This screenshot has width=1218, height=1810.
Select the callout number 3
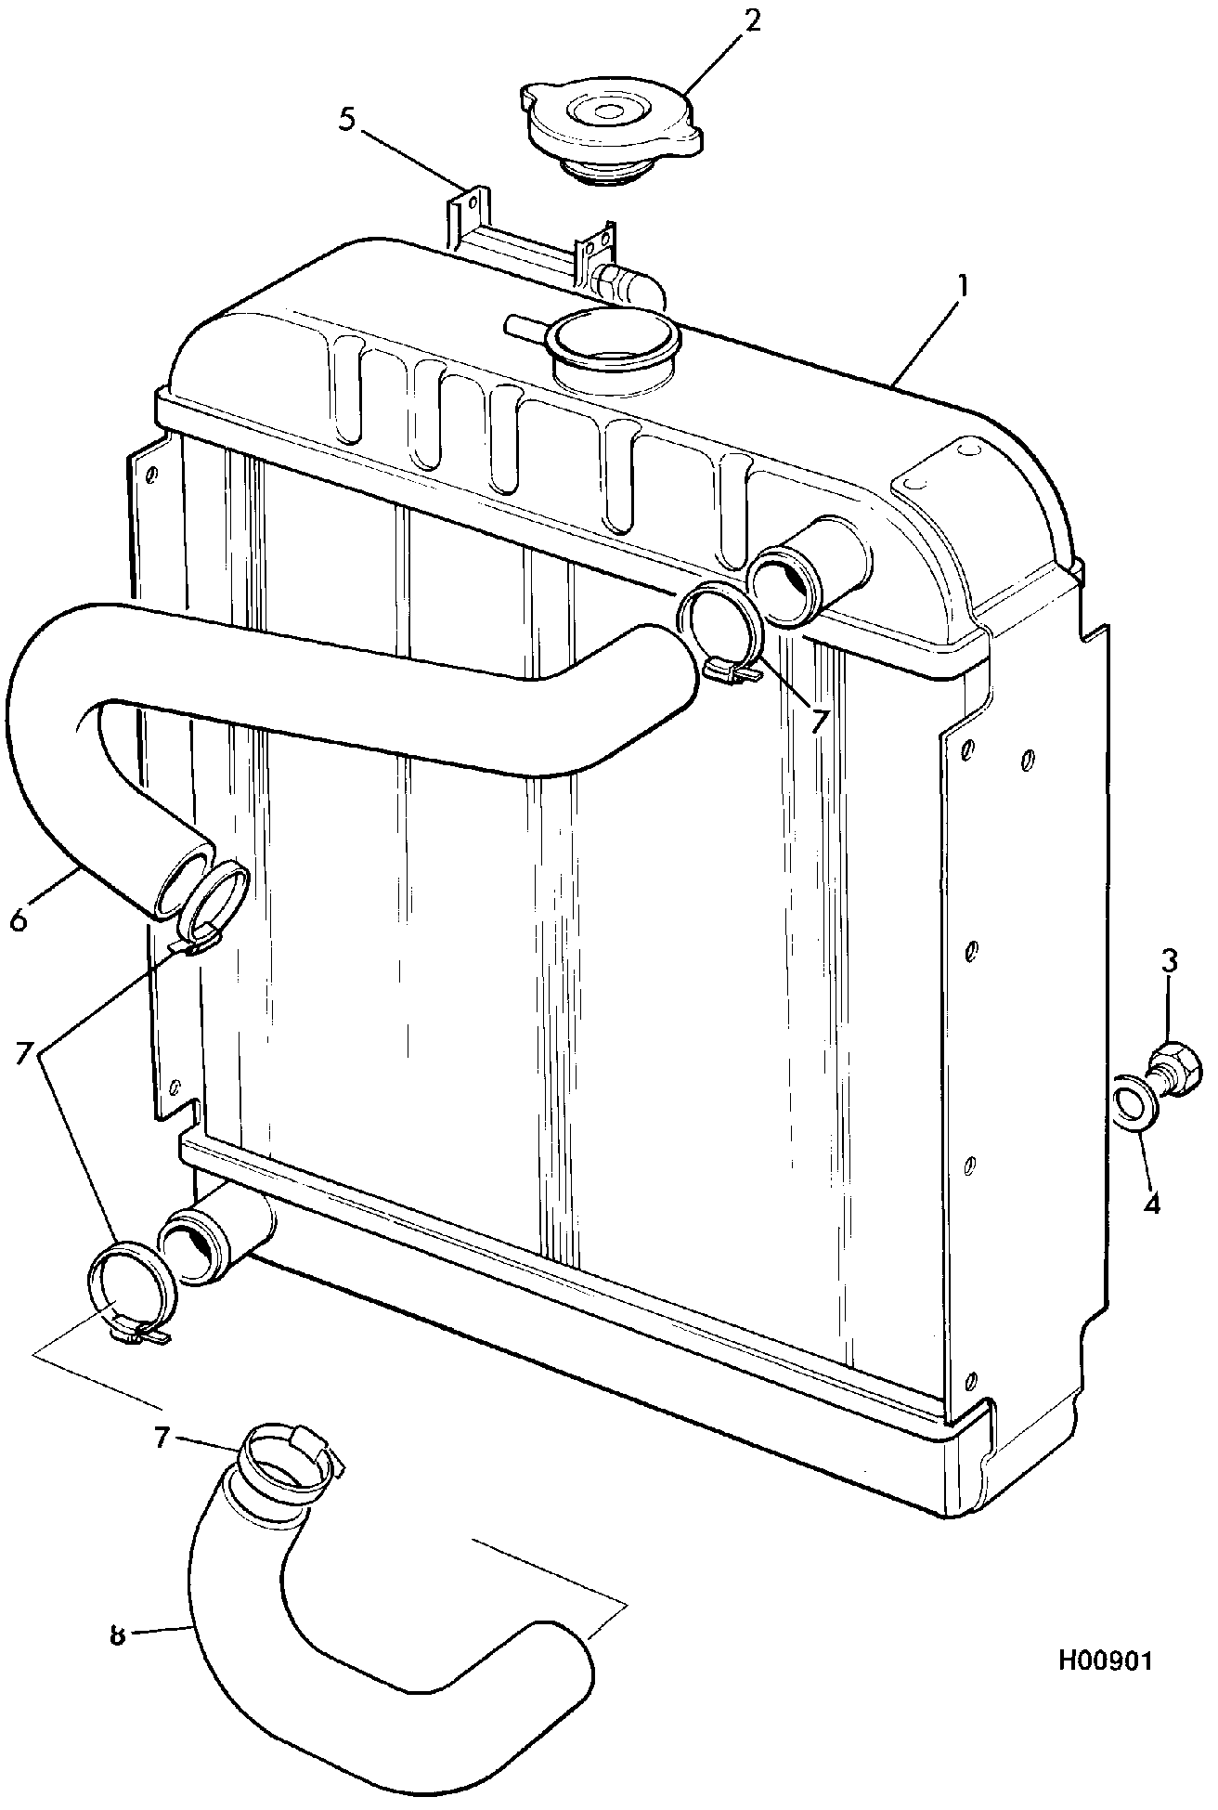pyautogui.click(x=1169, y=960)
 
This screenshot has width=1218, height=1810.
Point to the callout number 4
pyautogui.click(x=1151, y=1204)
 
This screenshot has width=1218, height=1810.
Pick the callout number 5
pyautogui.click(x=346, y=122)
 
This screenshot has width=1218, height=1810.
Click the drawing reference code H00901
pyautogui.click(x=1104, y=1659)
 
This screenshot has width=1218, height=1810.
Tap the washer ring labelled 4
pyautogui.click(x=1134, y=1101)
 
